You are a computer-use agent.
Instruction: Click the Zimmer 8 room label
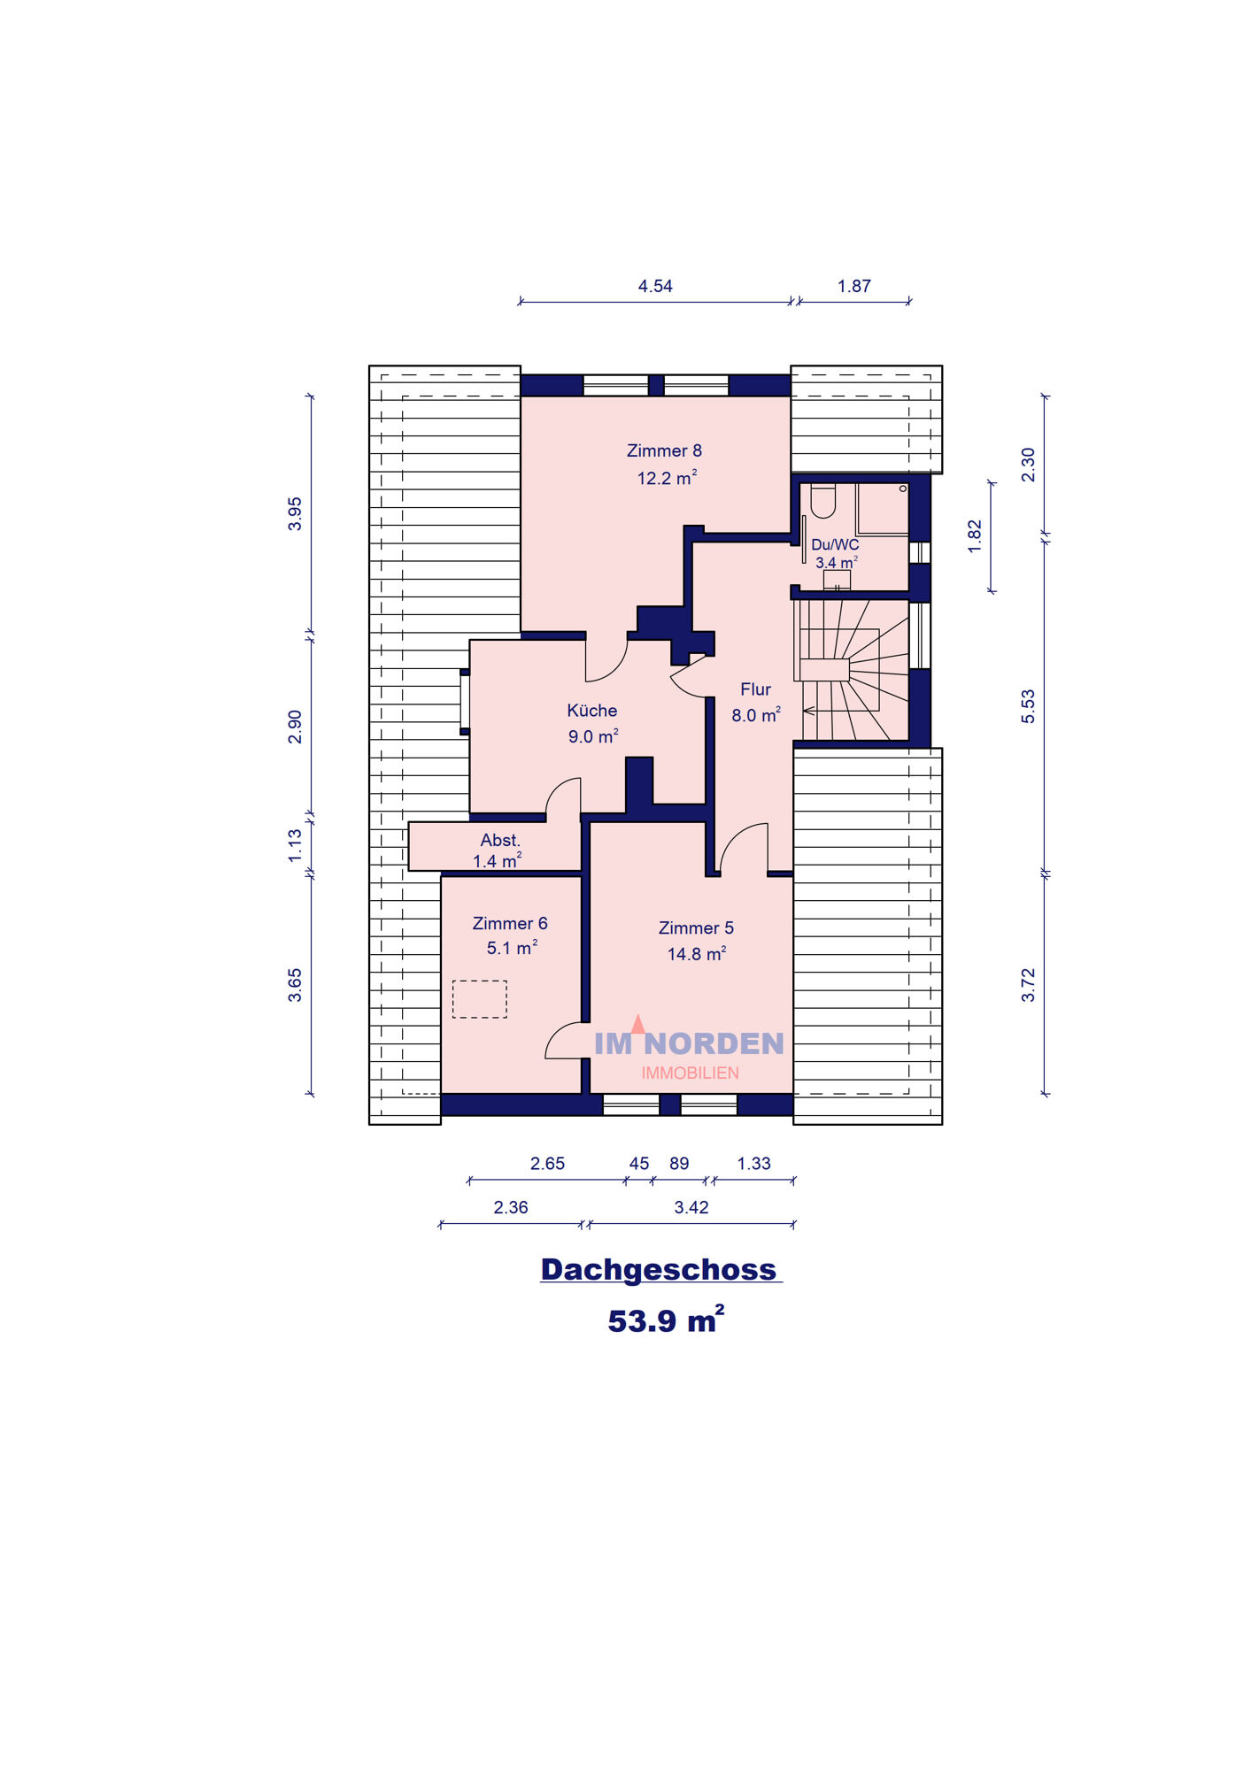coord(664,450)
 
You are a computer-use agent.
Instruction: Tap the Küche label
coord(592,710)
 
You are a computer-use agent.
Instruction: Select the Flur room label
coord(755,689)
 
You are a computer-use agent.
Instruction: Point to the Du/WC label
coord(835,544)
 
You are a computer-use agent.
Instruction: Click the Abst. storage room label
coord(500,840)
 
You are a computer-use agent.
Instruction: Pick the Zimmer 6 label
coord(510,923)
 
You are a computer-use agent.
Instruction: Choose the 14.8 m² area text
coord(697,953)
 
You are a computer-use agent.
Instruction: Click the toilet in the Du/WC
coord(823,501)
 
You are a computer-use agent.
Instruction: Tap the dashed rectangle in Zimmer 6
coord(480,999)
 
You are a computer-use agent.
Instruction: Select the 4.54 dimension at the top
coord(655,286)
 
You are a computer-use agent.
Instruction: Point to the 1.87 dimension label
coord(854,286)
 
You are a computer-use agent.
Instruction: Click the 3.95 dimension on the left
coord(295,514)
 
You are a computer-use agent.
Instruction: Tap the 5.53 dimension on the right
coord(1028,706)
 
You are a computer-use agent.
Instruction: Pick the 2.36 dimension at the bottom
coord(511,1207)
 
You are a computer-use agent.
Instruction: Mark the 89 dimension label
coord(679,1164)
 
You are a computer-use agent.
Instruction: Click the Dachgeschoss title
coord(660,1269)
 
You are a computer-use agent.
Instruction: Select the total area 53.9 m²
coord(666,1320)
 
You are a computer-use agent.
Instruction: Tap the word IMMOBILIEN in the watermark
coord(691,1073)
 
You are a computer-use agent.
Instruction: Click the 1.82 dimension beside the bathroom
coord(975,536)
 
